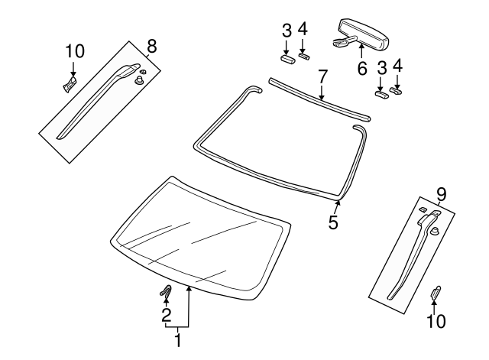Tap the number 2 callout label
166,315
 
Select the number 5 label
333,222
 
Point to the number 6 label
362,68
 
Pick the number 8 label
151,45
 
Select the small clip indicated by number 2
166,290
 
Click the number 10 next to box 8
74,51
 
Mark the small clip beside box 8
70,83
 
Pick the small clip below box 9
436,292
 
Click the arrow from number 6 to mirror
359,52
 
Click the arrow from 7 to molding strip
322,92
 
